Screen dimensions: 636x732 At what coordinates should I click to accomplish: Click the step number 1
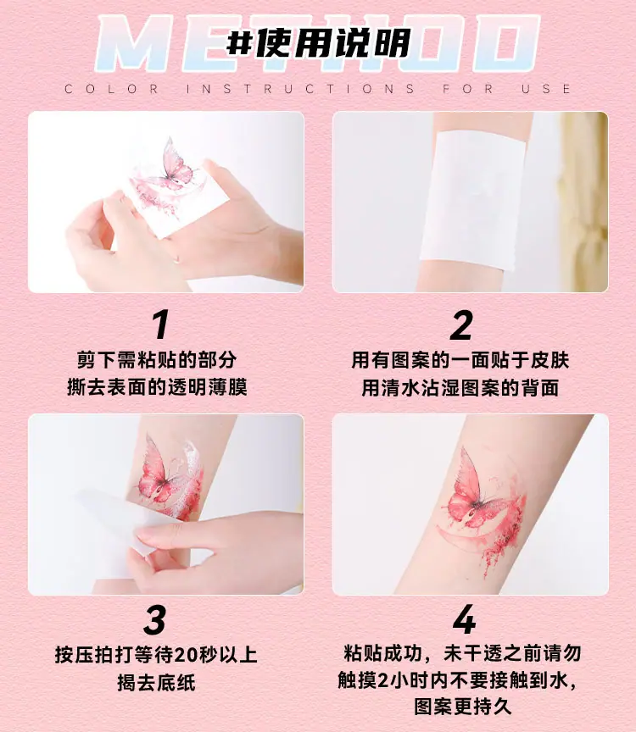tap(160, 324)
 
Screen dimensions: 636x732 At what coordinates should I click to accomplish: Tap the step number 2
tap(461, 324)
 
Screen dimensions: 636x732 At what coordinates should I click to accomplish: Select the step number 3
tap(154, 619)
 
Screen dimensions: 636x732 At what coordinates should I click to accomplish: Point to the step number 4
tap(465, 619)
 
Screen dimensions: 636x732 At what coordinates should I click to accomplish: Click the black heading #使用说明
tap(318, 43)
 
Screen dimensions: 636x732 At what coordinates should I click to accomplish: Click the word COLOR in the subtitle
tap(111, 89)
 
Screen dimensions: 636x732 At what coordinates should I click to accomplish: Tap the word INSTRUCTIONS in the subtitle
tap(300, 89)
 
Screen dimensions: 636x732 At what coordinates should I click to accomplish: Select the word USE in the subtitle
tap(546, 89)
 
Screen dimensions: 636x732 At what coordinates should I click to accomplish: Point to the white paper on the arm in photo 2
tap(472, 200)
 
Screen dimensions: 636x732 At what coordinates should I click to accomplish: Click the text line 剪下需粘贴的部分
tap(157, 360)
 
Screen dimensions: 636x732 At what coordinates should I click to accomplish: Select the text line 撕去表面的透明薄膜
tap(157, 387)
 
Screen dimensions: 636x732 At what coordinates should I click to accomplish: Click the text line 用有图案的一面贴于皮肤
tap(460, 360)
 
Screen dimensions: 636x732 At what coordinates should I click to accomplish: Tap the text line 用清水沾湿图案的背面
tap(460, 387)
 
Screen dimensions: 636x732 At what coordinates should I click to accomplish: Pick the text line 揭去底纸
tap(156, 682)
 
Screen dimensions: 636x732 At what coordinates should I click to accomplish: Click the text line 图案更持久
tap(463, 707)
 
